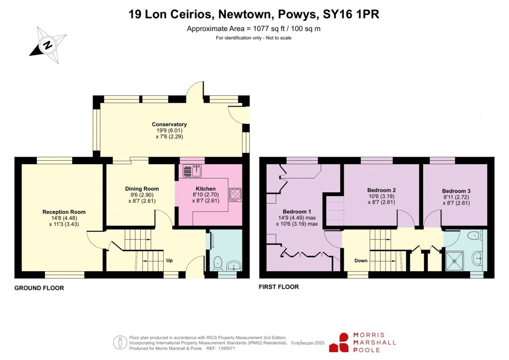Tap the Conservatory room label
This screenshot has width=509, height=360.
tap(169, 124)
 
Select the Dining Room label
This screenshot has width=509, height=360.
tap(142, 189)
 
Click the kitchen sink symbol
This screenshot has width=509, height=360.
tap(192, 171)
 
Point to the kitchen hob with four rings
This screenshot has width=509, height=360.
tap(235, 194)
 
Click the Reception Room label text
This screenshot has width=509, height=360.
tap(64, 212)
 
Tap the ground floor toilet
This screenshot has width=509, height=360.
tap(218, 263)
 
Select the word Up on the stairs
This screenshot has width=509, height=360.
tap(170, 260)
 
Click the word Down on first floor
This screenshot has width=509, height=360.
tap(361, 261)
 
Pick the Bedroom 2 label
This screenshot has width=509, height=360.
tap(381, 190)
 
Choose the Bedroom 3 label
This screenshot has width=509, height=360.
tap(456, 191)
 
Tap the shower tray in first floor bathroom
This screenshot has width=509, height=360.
tap(455, 259)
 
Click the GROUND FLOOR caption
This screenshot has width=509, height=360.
tap(39, 288)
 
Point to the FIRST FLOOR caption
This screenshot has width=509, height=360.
tap(278, 287)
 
